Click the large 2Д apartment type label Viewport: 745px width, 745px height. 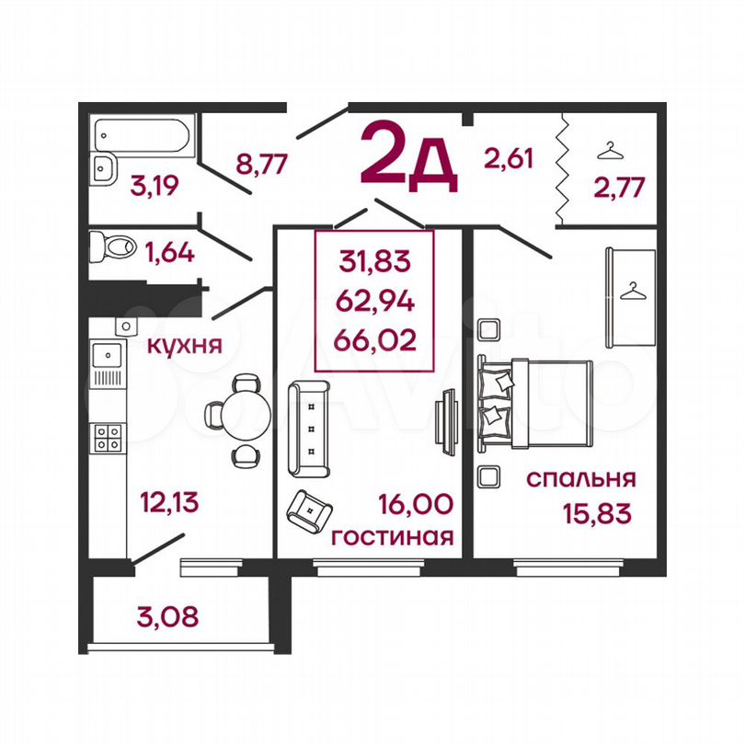point(408,155)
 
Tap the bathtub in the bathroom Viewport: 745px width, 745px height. point(142,134)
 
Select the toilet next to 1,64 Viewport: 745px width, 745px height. point(113,246)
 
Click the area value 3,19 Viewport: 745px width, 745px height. point(155,185)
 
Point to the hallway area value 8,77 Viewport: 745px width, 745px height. point(262,165)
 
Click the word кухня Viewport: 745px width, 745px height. point(185,345)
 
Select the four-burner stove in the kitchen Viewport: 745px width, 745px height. point(108,438)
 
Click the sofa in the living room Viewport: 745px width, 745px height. point(309,429)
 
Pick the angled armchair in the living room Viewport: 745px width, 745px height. point(309,511)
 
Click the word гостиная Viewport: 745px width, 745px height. point(393,537)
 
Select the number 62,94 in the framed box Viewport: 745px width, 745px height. point(375,301)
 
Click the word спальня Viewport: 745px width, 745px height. point(580,478)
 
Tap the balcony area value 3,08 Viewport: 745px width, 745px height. point(167,617)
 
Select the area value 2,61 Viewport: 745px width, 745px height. point(509,158)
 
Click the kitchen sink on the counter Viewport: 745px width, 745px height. point(108,355)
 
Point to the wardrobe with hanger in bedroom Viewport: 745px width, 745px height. point(630,298)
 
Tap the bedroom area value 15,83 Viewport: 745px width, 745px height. point(597,513)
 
